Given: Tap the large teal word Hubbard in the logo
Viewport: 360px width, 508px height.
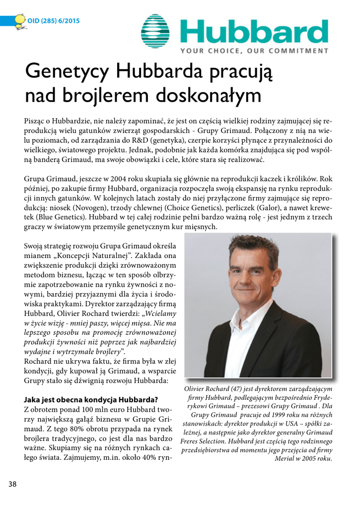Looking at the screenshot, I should (x=253, y=30).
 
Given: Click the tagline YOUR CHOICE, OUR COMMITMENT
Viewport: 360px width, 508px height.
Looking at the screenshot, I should (x=254, y=51).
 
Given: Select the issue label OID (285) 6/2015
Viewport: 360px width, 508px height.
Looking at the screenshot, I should (x=53, y=21).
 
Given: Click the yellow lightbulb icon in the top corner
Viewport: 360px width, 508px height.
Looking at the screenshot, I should (x=19, y=20).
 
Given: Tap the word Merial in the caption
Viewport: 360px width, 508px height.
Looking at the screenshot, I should (x=288, y=458).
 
